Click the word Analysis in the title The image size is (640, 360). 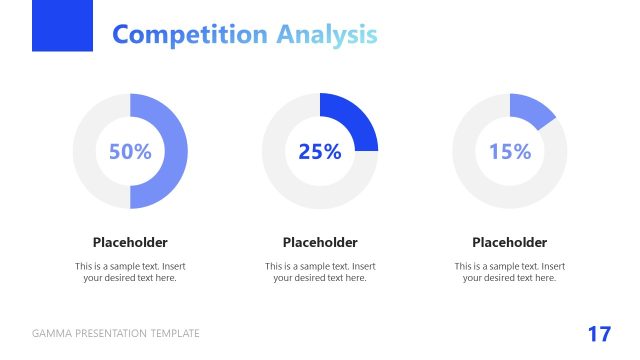(327, 35)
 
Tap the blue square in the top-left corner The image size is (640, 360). (62, 25)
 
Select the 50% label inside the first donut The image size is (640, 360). (130, 152)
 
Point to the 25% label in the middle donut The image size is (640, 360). (320, 152)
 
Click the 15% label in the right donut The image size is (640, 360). (510, 152)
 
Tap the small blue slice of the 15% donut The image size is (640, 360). (532, 111)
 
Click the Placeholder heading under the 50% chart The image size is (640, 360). (130, 242)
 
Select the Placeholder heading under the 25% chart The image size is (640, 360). (320, 242)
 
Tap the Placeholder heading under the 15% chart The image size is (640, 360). (510, 242)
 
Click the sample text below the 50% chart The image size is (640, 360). (130, 272)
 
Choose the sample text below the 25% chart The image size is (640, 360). (320, 272)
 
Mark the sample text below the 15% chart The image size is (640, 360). (510, 272)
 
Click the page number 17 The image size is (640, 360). (599, 334)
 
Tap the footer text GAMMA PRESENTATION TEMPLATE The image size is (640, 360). (116, 334)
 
